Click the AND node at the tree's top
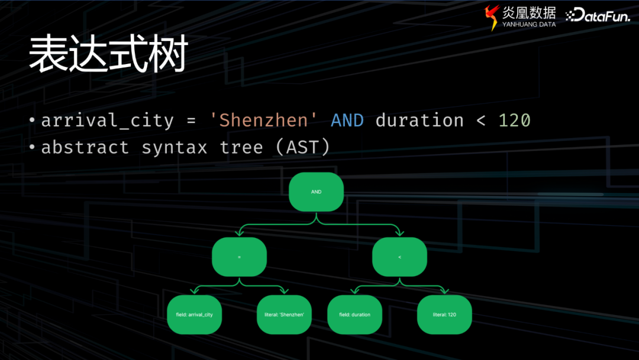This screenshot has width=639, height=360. click(x=316, y=192)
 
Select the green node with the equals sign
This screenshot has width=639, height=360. click(x=239, y=257)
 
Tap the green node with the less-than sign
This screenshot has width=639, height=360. click(x=399, y=257)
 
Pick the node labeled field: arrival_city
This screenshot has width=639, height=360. click(x=195, y=314)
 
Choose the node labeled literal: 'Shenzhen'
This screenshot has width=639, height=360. click(x=284, y=314)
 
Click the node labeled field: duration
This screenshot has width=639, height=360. click(x=354, y=314)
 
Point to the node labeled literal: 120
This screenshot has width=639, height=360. click(x=444, y=314)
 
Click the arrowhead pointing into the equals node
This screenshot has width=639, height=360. click(x=240, y=233)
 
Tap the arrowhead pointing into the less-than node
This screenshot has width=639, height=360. click(x=399, y=233)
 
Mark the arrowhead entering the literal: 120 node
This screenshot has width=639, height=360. click(x=444, y=291)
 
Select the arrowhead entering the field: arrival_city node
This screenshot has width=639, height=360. click(x=195, y=291)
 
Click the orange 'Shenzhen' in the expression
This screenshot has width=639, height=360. click(x=263, y=120)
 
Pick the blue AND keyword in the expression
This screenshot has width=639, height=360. click(x=347, y=121)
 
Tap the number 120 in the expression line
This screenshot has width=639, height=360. click(x=514, y=121)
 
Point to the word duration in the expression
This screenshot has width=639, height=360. click(x=419, y=120)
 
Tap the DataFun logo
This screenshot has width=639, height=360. click(x=598, y=15)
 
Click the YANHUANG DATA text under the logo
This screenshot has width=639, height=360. click(x=529, y=24)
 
